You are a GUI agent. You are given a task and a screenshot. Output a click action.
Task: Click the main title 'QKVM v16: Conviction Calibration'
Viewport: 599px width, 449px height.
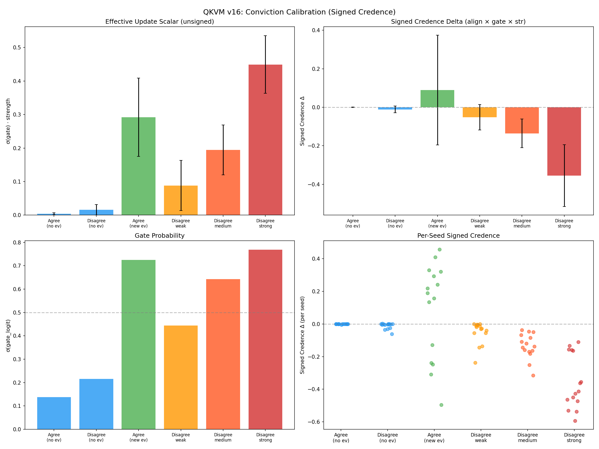click(x=299, y=12)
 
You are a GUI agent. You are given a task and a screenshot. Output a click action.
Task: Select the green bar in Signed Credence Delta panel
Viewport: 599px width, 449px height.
click(x=437, y=99)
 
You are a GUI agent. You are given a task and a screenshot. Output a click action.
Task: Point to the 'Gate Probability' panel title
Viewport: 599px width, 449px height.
click(x=159, y=235)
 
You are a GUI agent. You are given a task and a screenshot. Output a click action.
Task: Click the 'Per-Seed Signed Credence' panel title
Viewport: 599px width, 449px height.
click(x=458, y=235)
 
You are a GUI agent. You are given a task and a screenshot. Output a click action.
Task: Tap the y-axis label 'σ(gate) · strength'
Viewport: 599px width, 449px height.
click(x=8, y=121)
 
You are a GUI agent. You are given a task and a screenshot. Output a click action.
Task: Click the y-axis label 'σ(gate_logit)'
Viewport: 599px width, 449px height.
click(x=8, y=336)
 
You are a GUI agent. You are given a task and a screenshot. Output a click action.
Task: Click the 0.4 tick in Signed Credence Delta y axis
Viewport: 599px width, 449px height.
click(x=316, y=30)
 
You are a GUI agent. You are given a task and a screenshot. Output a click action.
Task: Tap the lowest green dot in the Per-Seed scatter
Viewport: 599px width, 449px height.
click(x=441, y=405)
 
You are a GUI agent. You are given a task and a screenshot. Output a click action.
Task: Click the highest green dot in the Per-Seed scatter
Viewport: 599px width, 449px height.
click(x=440, y=249)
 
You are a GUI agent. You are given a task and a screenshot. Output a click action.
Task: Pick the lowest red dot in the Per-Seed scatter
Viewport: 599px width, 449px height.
click(x=575, y=421)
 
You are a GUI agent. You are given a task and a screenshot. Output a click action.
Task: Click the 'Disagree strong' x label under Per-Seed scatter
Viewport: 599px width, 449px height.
click(x=574, y=438)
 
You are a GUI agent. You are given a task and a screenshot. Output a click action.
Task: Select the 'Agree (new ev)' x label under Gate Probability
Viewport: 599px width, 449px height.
click(x=138, y=437)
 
